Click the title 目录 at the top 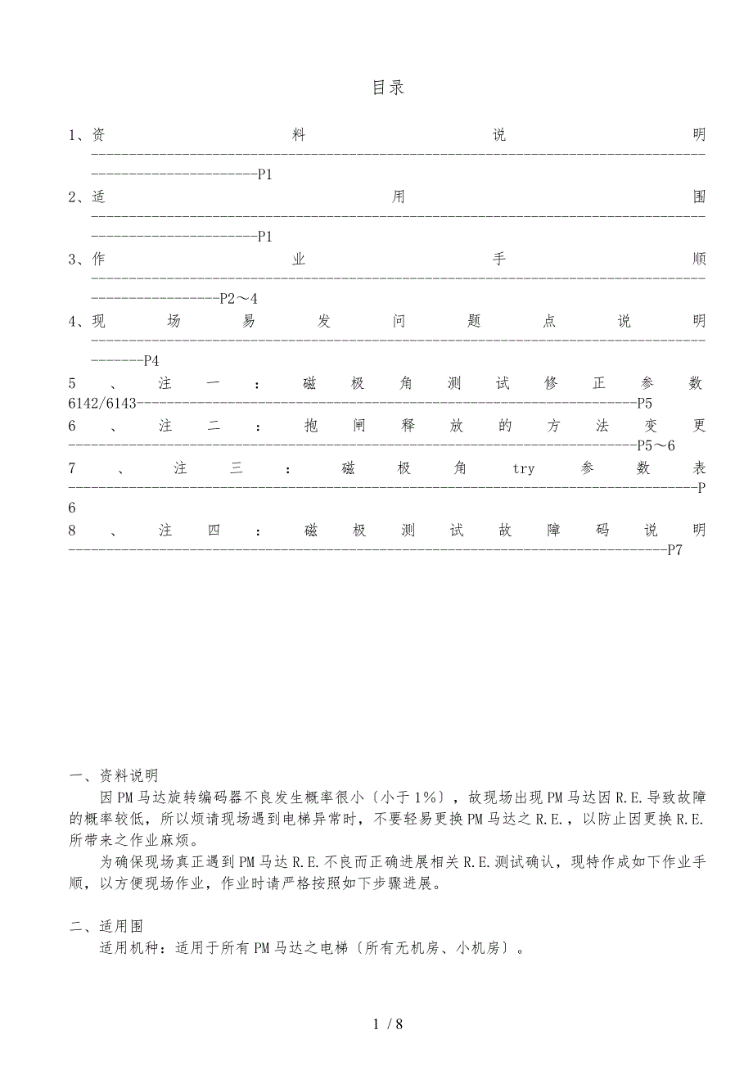point(388,88)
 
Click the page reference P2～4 point(238,299)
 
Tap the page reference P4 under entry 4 point(151,361)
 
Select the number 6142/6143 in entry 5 point(103,403)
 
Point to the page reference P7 point(674,550)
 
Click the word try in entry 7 point(523,468)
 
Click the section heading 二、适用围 point(106,926)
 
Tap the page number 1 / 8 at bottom point(388,1023)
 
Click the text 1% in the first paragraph point(425,797)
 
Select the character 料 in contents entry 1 point(299,135)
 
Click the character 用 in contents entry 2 point(399,197)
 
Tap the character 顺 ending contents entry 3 point(698,260)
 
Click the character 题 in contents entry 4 point(474,322)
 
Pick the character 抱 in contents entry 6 point(310,426)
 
